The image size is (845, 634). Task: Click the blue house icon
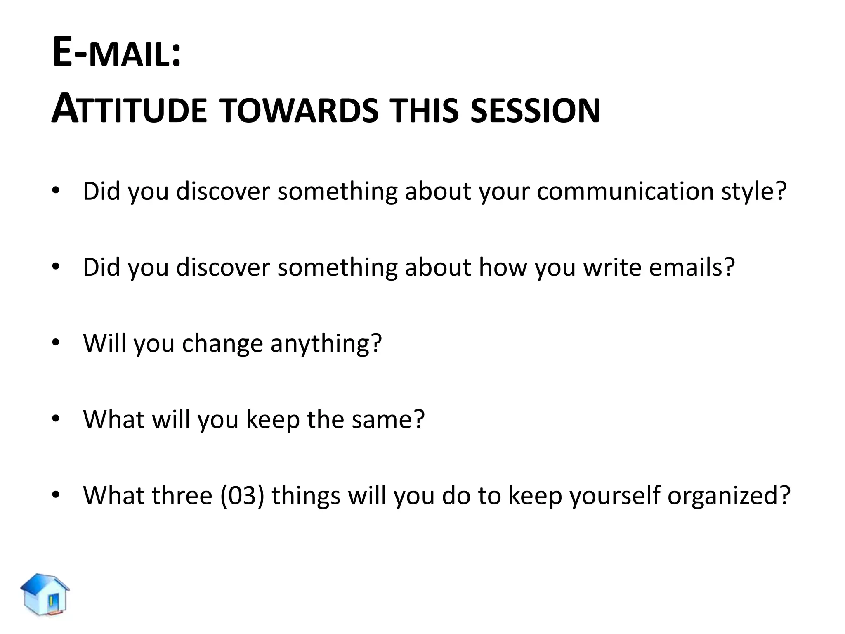(x=45, y=594)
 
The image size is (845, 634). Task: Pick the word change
(x=222, y=343)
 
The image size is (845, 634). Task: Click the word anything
(x=326, y=344)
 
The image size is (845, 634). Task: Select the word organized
(x=729, y=495)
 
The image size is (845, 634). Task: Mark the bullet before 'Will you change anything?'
(x=56, y=342)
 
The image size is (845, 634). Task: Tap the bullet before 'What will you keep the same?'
(x=56, y=419)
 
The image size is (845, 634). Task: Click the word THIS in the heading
(x=425, y=110)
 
